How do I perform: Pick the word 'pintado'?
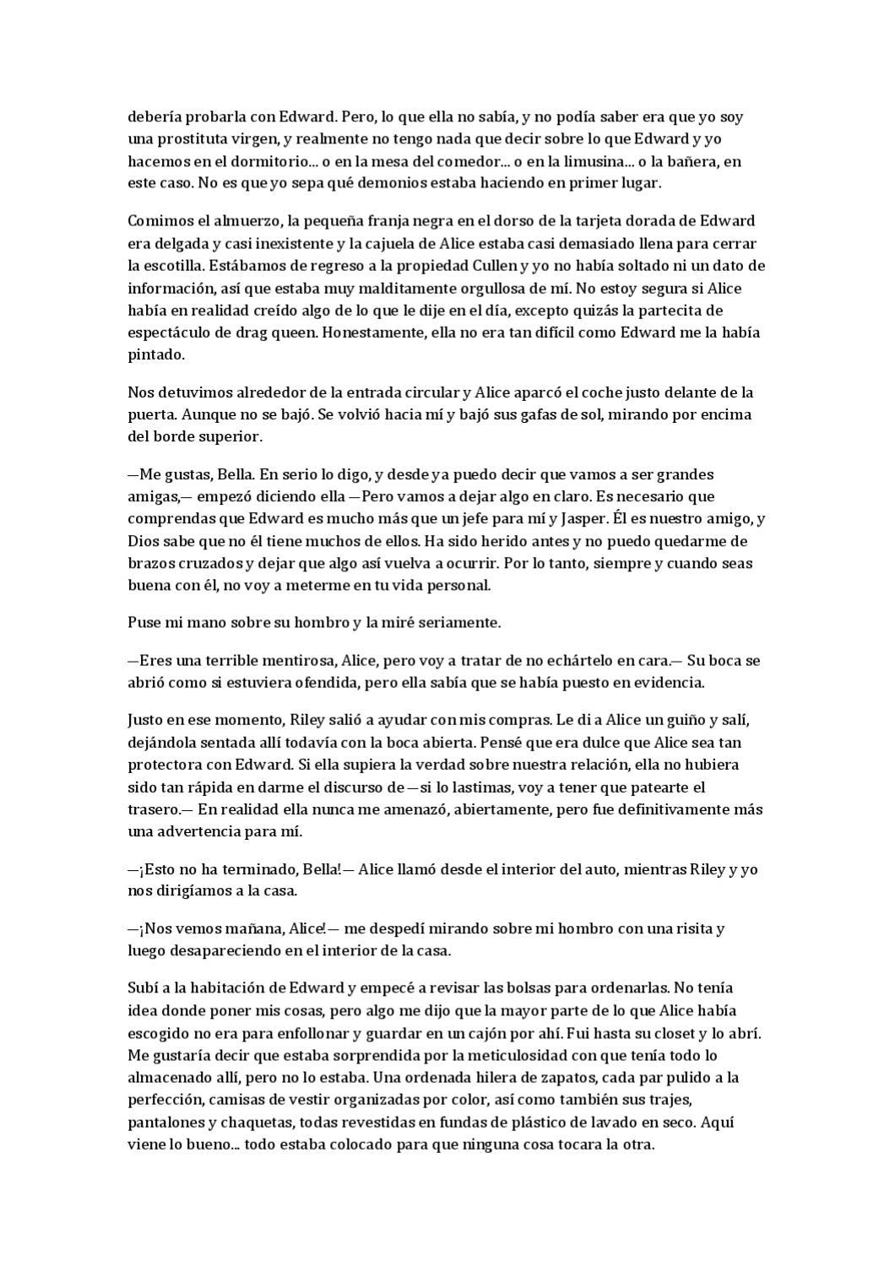(155, 354)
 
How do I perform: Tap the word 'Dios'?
(142, 541)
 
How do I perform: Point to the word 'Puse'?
(143, 623)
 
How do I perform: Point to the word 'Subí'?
(142, 988)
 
